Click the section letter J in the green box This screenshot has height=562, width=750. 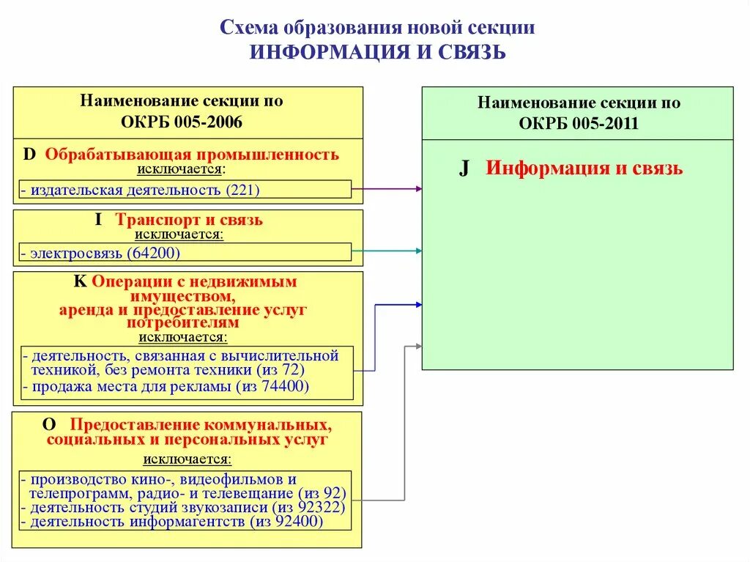[464, 169]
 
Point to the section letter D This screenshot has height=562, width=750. [29, 155]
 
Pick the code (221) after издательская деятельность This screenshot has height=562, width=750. [243, 191]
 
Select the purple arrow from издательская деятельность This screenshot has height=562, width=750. [387, 189]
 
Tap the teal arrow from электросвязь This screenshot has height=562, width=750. [387, 251]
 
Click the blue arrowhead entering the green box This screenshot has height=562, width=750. [418, 303]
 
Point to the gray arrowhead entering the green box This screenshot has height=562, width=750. [418, 345]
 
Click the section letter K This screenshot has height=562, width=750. [79, 281]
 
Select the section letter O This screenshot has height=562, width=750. [49, 424]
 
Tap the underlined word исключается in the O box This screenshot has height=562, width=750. [187, 459]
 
